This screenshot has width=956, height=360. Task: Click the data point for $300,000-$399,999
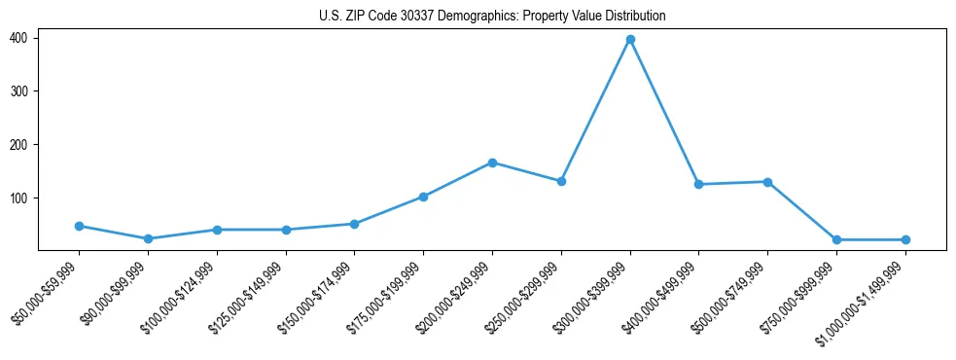point(630,40)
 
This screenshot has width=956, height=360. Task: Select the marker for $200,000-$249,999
point(492,162)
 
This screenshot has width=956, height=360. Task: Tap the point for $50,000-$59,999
point(79,226)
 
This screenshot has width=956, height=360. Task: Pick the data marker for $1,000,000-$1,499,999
point(905,239)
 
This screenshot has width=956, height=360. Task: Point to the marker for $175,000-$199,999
point(423,197)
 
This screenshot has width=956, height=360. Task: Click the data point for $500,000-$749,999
point(767,182)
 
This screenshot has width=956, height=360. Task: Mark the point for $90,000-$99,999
point(148,238)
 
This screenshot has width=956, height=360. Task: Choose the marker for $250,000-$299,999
point(561,181)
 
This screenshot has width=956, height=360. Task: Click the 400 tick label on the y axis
point(18,38)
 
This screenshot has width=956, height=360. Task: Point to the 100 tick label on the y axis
point(18,198)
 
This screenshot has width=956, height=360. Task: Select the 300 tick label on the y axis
point(18,91)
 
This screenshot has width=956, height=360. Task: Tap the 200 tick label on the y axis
point(18,145)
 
